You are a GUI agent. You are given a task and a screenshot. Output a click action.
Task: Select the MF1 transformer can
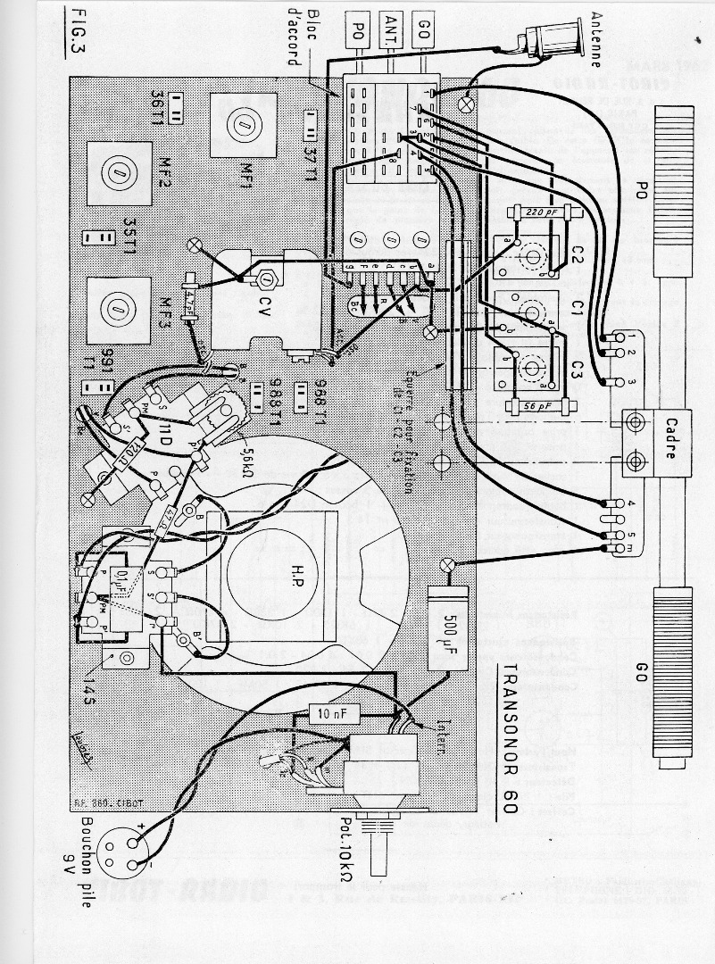242,130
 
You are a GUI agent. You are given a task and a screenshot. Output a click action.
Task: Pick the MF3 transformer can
114,308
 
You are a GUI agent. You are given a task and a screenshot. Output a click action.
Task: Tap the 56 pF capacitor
536,407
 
